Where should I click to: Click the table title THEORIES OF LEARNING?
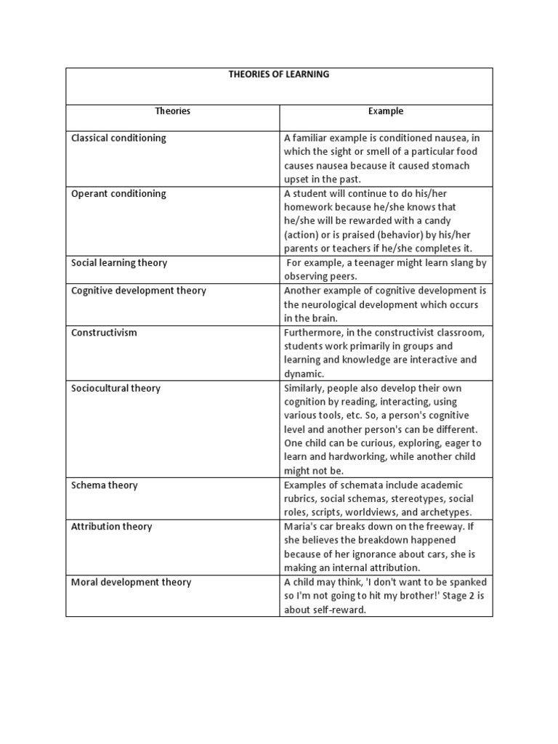(280, 75)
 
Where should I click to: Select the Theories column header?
(172, 111)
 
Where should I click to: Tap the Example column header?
(386, 111)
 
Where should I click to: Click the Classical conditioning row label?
(118, 138)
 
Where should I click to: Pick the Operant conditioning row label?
(118, 194)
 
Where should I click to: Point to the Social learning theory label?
(118, 263)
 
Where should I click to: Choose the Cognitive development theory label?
(138, 291)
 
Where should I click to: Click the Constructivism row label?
(104, 333)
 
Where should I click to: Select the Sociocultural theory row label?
(115, 388)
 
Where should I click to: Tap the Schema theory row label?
(104, 485)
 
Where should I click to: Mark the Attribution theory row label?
(111, 527)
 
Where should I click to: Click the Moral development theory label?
(131, 583)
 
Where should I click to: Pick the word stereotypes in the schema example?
(421, 499)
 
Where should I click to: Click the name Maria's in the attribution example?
(300, 527)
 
